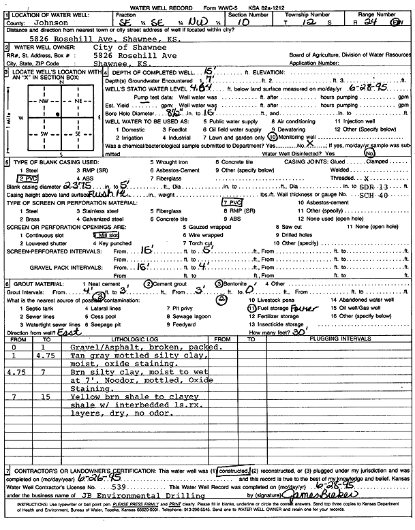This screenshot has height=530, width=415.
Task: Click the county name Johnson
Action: click(x=48, y=21)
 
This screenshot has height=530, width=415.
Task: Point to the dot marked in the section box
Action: click(x=58, y=113)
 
